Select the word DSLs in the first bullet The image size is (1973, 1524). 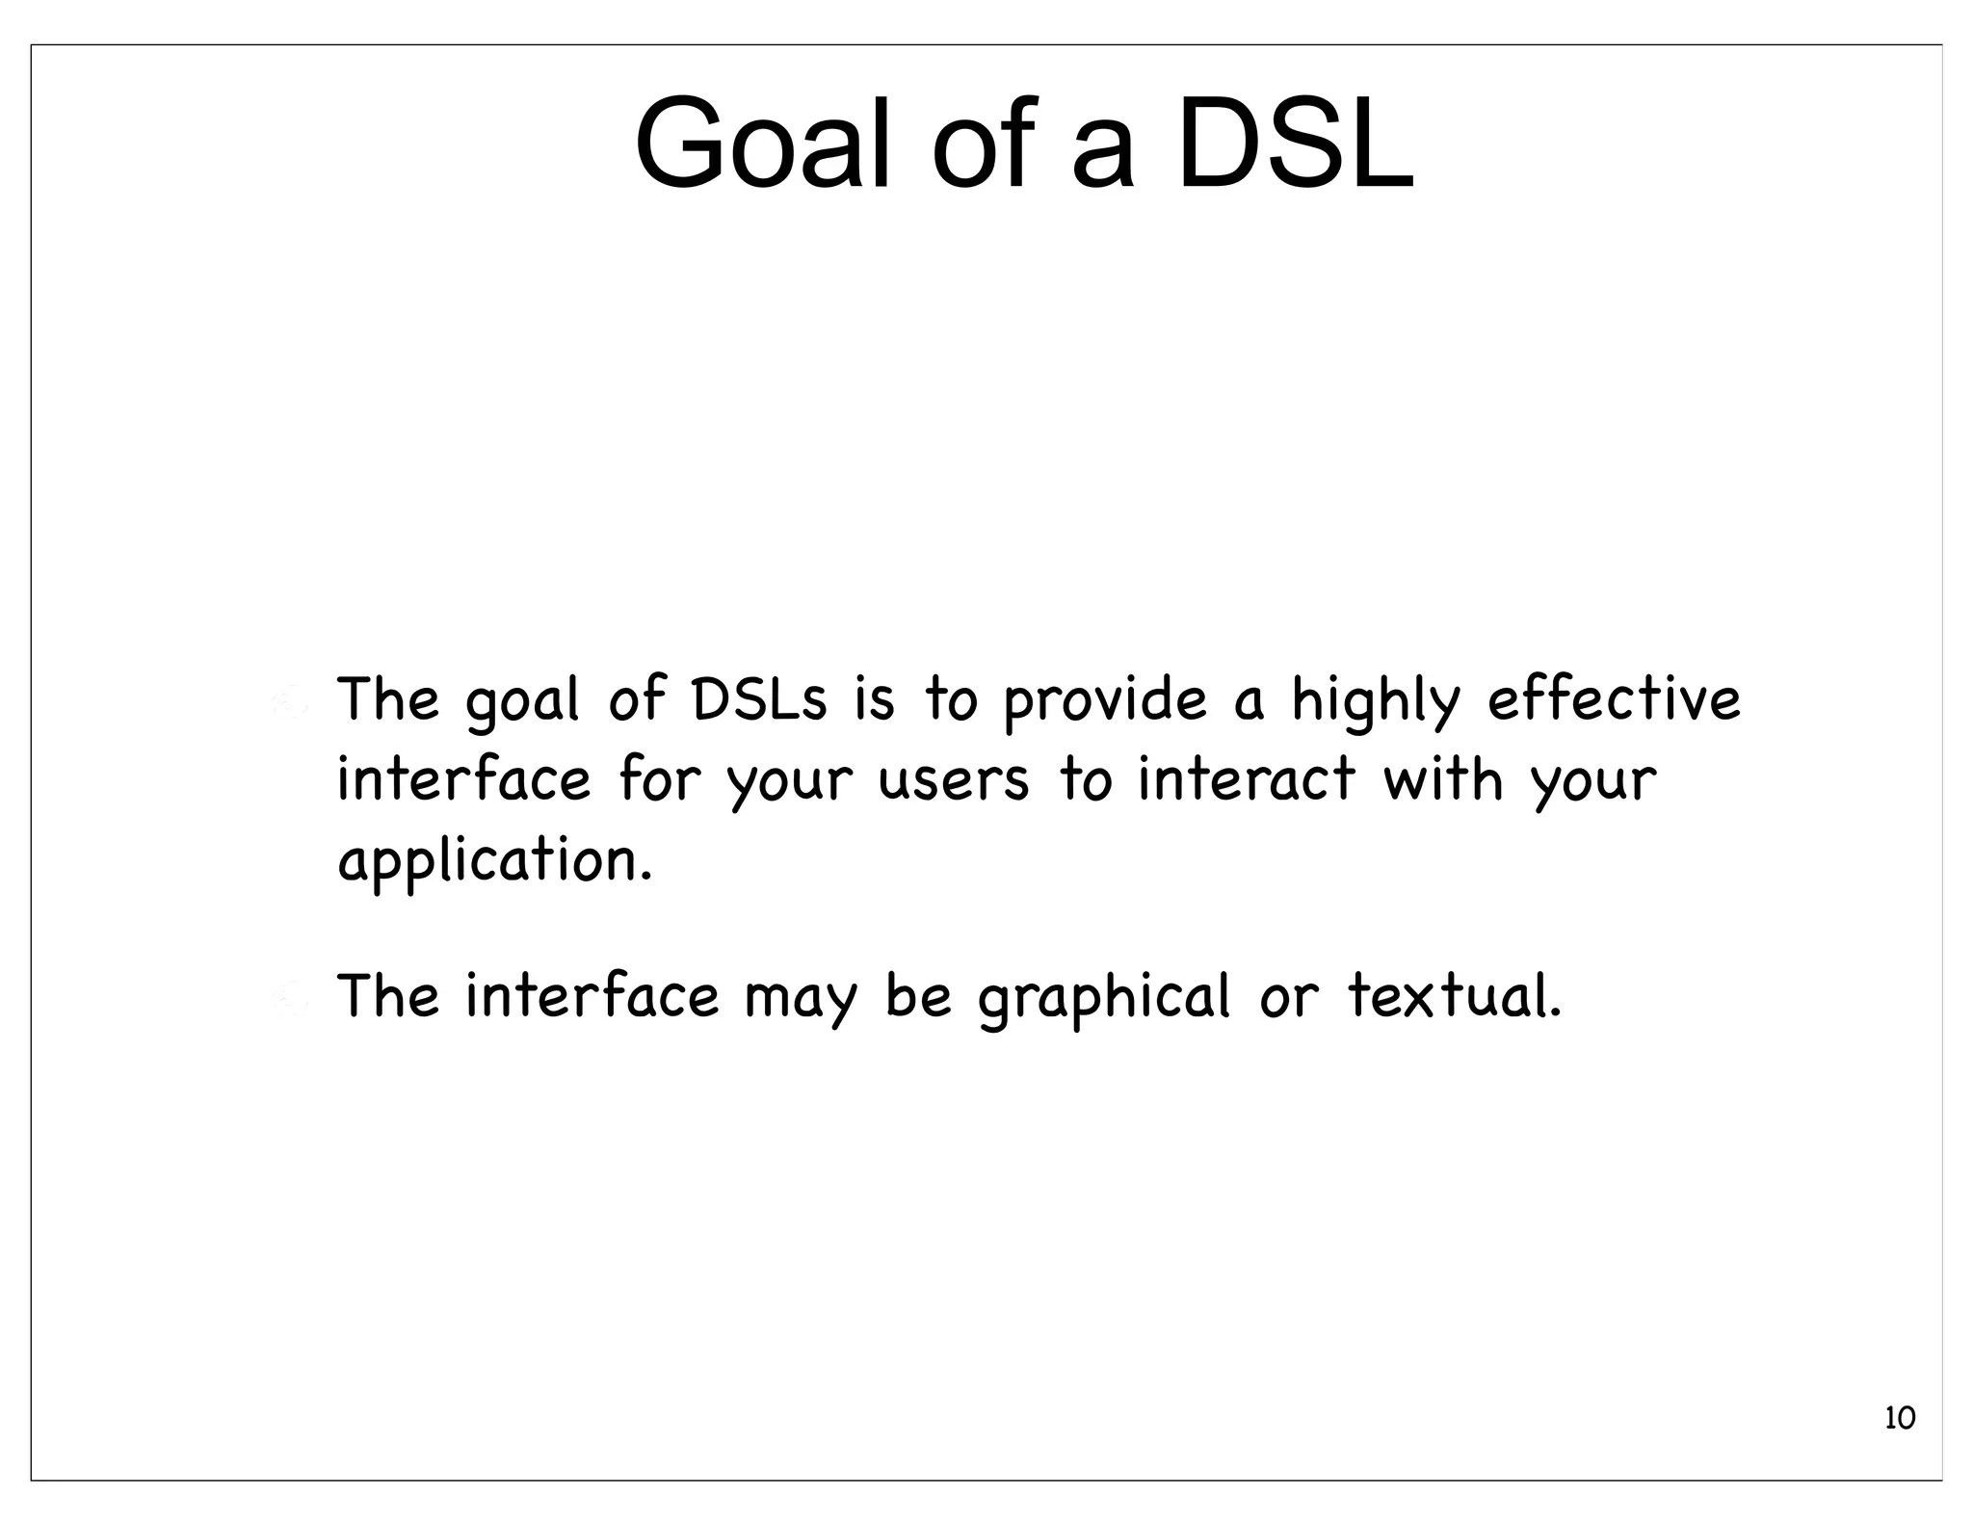(759, 699)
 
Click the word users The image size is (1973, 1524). (954, 780)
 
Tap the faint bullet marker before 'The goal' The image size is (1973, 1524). (288, 703)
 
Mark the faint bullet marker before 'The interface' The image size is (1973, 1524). (288, 1000)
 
